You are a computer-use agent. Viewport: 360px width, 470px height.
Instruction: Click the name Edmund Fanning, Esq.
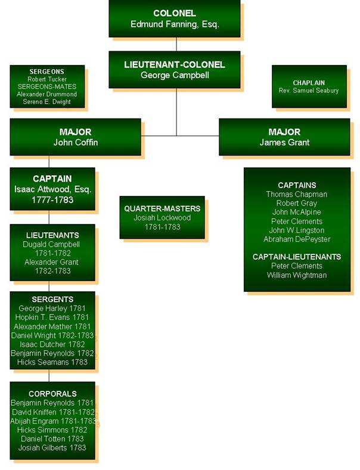tap(175, 24)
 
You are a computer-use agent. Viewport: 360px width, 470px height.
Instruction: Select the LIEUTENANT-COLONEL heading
tap(175, 64)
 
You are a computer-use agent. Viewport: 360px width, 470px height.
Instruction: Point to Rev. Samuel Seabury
tap(308, 91)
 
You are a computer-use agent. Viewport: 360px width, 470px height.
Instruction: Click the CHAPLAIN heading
tap(308, 83)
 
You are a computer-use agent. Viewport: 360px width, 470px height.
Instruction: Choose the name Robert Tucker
tap(47, 79)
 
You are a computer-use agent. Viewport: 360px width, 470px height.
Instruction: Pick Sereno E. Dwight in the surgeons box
tap(47, 102)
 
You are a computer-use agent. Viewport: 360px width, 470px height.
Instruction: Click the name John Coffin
tap(75, 142)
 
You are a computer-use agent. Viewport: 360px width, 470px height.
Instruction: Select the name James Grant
tap(284, 142)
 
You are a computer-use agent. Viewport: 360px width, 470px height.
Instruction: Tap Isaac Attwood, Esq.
tap(52, 189)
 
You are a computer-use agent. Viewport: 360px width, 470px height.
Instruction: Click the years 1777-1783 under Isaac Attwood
tap(52, 200)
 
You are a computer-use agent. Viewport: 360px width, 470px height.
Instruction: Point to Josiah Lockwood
tap(162, 218)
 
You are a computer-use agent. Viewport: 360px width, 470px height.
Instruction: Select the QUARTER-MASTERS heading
tap(162, 208)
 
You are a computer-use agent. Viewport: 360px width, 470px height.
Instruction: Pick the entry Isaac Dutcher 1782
tap(52, 344)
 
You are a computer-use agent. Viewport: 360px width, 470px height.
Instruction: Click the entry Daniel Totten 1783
tap(52, 439)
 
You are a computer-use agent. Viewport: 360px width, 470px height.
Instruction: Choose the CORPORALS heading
tap(52, 394)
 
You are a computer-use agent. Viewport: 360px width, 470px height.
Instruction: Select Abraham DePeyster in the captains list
tap(297, 239)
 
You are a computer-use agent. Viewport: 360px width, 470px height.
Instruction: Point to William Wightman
tap(297, 275)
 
